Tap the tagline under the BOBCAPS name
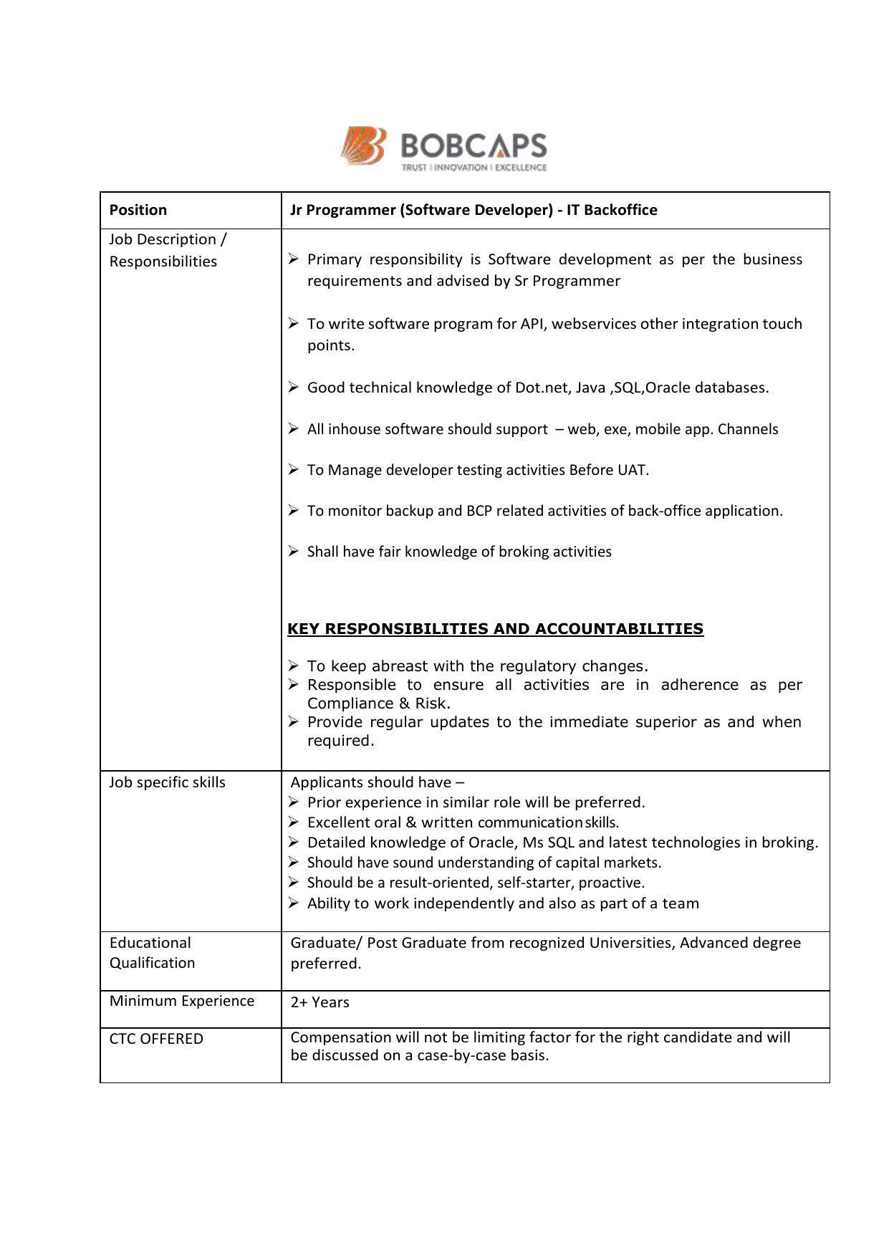tap(474, 168)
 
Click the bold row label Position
tap(138, 210)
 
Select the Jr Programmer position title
tap(474, 210)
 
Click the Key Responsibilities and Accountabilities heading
tap(495, 629)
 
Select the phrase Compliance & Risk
tap(378, 704)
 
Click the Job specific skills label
tap(167, 782)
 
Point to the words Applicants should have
tap(371, 782)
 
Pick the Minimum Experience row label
tap(182, 1001)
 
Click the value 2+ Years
tap(320, 1002)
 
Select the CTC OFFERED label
tap(156, 1039)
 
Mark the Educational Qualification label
tap(152, 953)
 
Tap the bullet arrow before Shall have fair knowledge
tap(294, 551)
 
